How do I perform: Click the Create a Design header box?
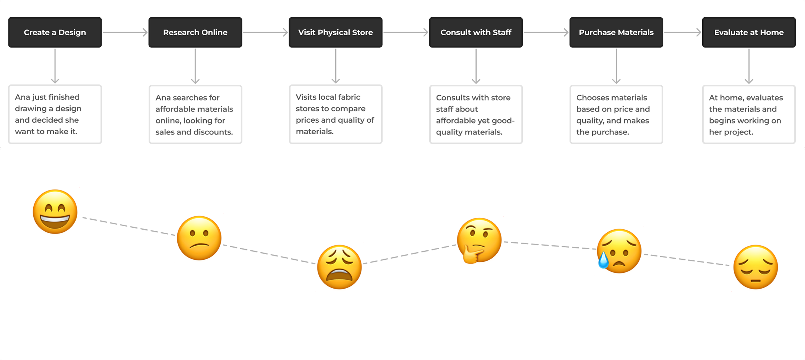pos(55,32)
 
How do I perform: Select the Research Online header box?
pos(195,32)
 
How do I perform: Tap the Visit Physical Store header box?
pos(335,32)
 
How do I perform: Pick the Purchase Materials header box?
pos(616,32)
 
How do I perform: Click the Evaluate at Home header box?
pos(749,32)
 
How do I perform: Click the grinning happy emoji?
pos(55,212)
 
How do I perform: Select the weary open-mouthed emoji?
pos(339,267)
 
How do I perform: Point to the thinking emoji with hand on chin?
pos(479,240)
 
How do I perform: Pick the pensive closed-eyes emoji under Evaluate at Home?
pos(755,267)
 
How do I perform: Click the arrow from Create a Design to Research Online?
pos(125,32)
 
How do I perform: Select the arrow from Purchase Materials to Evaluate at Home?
pos(682,32)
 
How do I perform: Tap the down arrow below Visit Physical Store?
pos(336,66)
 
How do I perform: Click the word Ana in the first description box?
pos(22,97)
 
